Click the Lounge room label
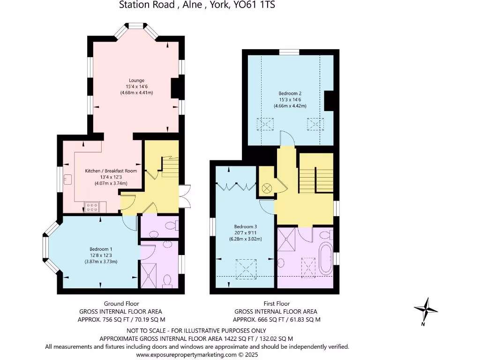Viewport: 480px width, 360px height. [136, 80]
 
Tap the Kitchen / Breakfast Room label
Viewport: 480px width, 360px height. [111, 171]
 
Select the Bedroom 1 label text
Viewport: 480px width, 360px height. [101, 248]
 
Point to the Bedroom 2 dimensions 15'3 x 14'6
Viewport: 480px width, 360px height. [290, 99]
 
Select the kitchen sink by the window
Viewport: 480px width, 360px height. [68, 179]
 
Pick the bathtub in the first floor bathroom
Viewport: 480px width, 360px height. [325, 257]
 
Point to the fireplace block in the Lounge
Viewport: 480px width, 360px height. [175, 88]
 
